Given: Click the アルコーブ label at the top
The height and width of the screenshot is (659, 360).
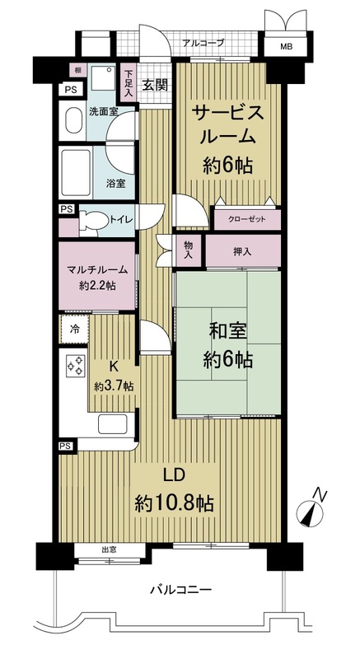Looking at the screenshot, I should (203, 42).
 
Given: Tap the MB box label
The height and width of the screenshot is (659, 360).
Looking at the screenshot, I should (286, 49).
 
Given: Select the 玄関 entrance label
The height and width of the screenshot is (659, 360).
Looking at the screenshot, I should (154, 84).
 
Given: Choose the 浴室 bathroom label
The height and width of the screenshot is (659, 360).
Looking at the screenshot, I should (115, 183).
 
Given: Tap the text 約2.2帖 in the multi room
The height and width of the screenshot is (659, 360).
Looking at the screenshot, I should (97, 285).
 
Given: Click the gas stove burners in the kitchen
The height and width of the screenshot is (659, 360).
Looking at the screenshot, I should (75, 366).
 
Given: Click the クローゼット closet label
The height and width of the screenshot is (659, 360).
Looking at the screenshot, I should (247, 219).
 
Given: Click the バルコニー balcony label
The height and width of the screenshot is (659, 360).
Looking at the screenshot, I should (180, 590).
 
